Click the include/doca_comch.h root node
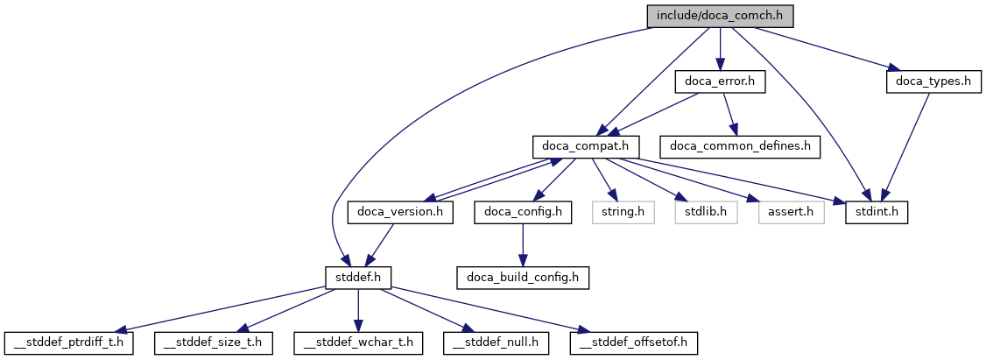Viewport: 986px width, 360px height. pyautogui.click(x=719, y=15)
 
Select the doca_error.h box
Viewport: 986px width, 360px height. pyautogui.click(x=720, y=81)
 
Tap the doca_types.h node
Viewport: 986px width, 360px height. pyautogui.click(x=929, y=81)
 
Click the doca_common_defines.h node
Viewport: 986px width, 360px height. pyautogui.click(x=740, y=146)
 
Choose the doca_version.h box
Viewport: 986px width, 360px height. pyautogui.click(x=400, y=212)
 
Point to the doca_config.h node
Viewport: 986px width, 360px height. pyautogui.click(x=523, y=212)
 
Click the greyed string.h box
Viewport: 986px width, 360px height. pyautogui.click(x=623, y=212)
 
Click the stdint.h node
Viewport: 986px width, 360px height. pyautogui.click(x=876, y=212)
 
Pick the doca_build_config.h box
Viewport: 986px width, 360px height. pyautogui.click(x=522, y=278)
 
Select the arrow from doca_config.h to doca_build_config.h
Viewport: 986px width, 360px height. pyautogui.click(x=523, y=244)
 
